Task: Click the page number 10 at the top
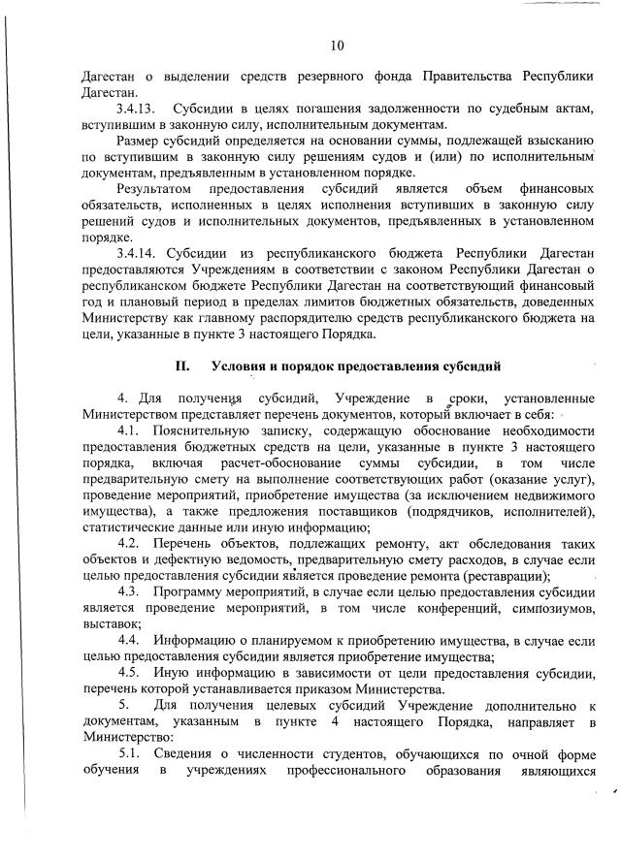point(337,45)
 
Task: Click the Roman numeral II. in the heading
point(181,367)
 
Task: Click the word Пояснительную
point(200,429)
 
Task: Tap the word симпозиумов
point(548,608)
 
